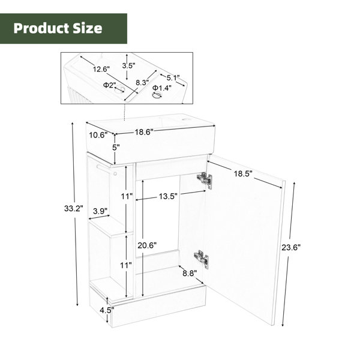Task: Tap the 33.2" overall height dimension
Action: [x=73, y=209]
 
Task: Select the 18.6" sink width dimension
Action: [x=144, y=132]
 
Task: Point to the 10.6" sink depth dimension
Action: [x=98, y=135]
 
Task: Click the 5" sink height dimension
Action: [x=116, y=147]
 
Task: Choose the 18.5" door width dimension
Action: [x=243, y=174]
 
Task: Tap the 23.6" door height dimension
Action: [x=291, y=247]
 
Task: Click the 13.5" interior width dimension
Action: [x=168, y=196]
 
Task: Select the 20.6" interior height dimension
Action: [x=147, y=245]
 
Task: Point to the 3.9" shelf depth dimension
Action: [x=100, y=211]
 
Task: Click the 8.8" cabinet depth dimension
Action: [x=190, y=273]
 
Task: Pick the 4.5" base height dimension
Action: [x=107, y=310]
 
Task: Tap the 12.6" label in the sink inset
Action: [x=101, y=69]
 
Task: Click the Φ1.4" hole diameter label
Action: [x=162, y=88]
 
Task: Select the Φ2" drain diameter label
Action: [x=110, y=85]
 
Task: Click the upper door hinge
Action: [x=205, y=180]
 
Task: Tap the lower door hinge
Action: [x=202, y=259]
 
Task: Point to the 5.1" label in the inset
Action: [x=173, y=78]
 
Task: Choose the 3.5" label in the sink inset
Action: [x=128, y=65]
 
